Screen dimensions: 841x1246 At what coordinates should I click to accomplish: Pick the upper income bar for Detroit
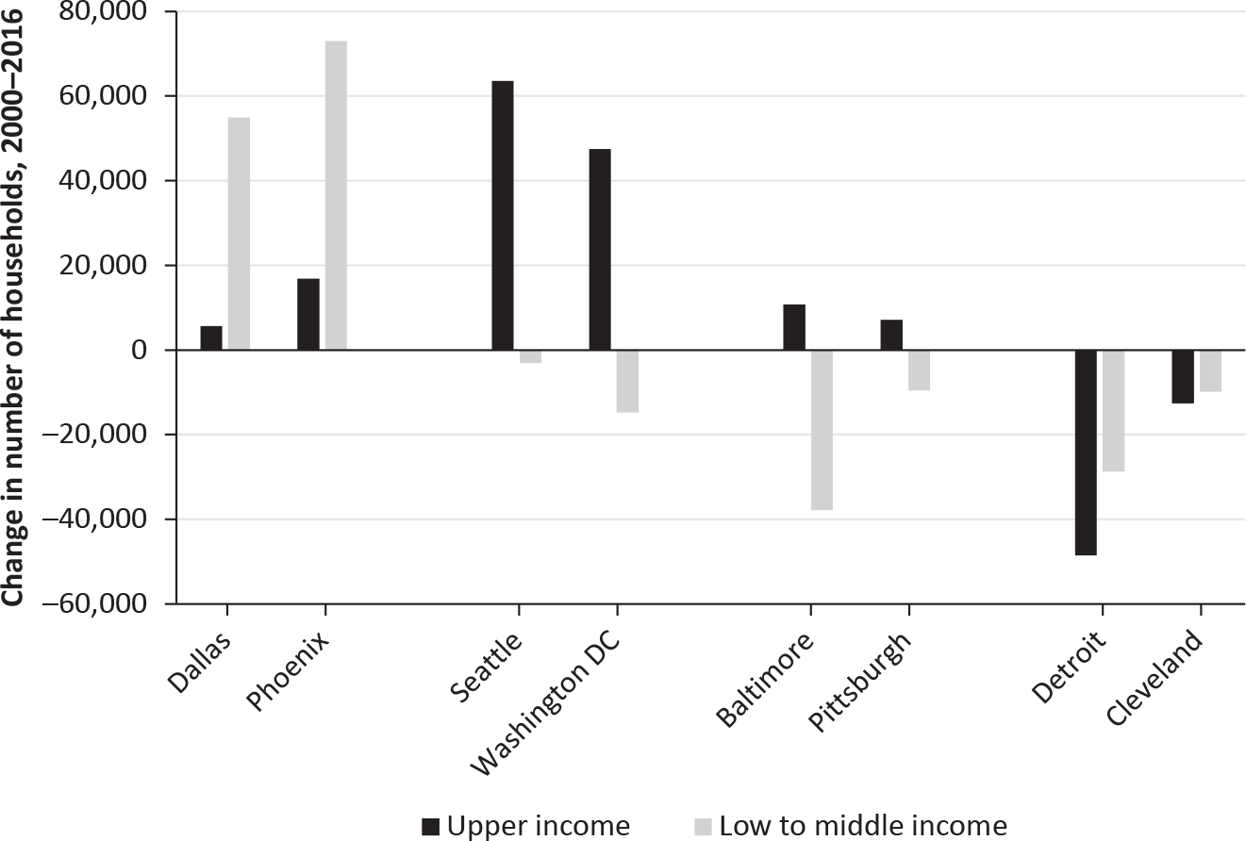(1086, 453)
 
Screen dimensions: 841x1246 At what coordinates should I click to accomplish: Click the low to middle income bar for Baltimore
(822, 430)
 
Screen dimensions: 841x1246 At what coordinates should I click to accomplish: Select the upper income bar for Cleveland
(1183, 376)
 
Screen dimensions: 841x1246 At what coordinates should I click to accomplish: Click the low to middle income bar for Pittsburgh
(919, 370)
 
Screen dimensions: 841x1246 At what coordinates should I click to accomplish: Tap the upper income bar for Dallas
(211, 338)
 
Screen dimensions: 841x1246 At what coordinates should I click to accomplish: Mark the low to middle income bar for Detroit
(1113, 410)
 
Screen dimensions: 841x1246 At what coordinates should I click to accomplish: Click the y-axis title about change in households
(14, 311)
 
